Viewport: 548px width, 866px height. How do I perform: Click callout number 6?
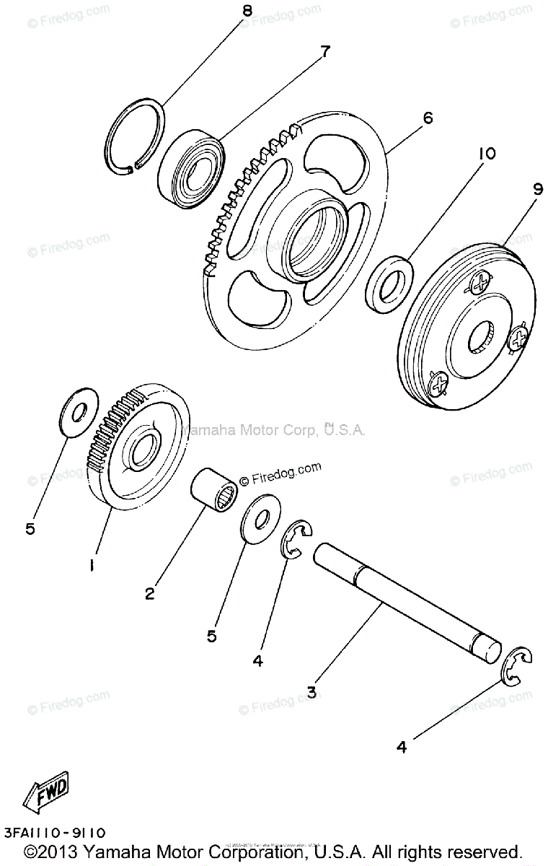427,118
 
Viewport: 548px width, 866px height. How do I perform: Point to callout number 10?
486,154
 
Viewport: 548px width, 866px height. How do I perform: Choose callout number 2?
149,594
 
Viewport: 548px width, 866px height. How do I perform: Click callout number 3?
311,692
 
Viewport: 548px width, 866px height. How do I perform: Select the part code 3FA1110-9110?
55,833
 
